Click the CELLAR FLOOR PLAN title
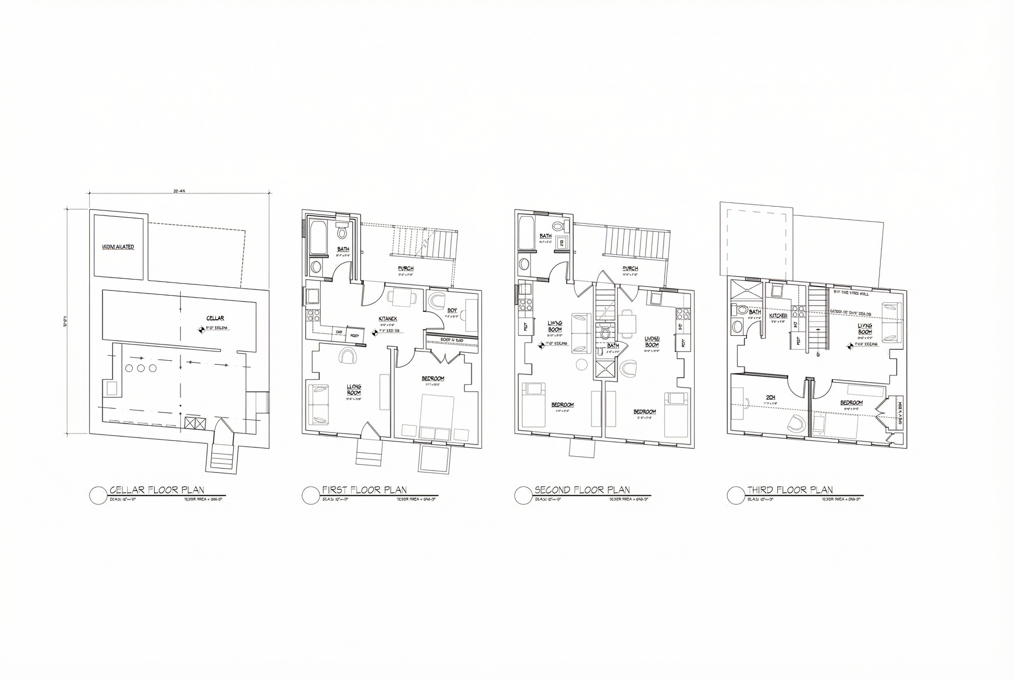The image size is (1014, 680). coord(157,490)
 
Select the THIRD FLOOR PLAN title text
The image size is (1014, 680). coord(790,490)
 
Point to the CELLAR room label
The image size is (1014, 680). coord(215,318)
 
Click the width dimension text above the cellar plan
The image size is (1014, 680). coord(179,191)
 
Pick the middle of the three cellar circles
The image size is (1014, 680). coord(140,368)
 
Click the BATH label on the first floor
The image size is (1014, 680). coord(343,249)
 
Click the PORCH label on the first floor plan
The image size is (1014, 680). coord(406,269)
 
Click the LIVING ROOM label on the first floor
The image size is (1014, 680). coord(354,389)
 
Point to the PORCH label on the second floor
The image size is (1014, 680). coord(630,269)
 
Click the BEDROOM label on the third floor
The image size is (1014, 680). coord(851,403)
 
